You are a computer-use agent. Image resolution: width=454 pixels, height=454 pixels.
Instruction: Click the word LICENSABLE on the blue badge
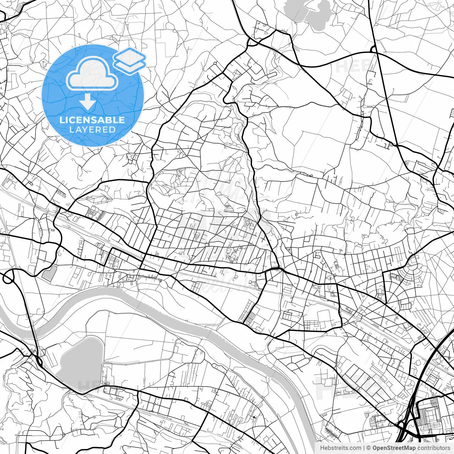click(x=92, y=120)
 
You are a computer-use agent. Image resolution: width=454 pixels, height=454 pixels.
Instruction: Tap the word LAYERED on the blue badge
click(x=92, y=129)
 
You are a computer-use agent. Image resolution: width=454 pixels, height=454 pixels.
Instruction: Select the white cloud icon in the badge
click(x=92, y=74)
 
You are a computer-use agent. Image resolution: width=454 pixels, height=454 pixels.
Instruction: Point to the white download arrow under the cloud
click(x=87, y=102)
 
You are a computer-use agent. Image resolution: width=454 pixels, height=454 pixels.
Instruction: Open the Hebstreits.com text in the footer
click(x=341, y=448)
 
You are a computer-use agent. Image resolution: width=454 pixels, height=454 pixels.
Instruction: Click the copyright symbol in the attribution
click(x=369, y=448)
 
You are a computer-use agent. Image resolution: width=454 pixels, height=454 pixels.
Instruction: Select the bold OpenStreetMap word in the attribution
click(x=394, y=448)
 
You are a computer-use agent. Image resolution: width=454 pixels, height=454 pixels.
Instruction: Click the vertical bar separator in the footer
click(x=364, y=448)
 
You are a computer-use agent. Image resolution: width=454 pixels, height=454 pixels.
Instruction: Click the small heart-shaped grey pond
click(x=49, y=273)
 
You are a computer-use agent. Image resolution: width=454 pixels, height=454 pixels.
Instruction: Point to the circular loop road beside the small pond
click(x=8, y=278)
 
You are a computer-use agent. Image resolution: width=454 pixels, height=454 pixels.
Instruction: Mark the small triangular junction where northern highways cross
click(x=373, y=49)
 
